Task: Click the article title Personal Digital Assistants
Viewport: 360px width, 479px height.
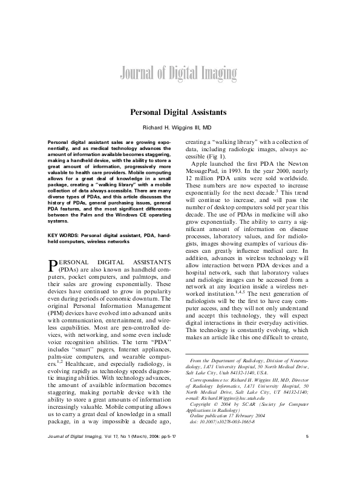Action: (180, 112)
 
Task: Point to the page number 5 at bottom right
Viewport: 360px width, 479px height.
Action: (307, 454)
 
